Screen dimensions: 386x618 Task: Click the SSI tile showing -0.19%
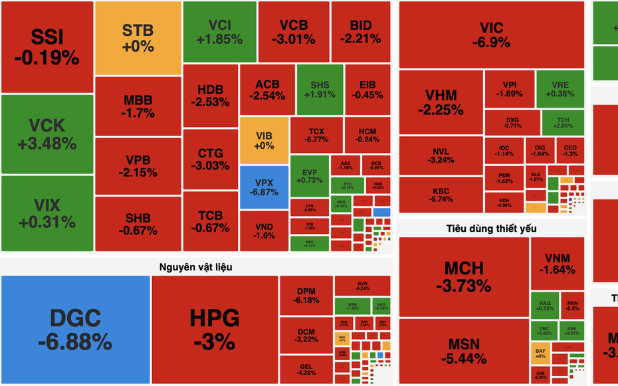click(47, 47)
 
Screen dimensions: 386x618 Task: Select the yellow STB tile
click(138, 38)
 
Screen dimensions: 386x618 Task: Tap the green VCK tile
click(47, 134)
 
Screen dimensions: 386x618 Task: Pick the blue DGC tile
click(75, 329)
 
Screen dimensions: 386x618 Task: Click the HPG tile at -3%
click(215, 329)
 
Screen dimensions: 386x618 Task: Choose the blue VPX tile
click(264, 187)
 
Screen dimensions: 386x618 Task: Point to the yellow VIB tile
click(264, 140)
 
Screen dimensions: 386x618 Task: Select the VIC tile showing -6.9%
click(491, 35)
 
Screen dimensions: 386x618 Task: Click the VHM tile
click(441, 102)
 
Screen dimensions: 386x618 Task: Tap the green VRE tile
click(560, 89)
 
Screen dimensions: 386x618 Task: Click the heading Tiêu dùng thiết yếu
click(491, 229)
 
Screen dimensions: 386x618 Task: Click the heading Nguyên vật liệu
click(195, 266)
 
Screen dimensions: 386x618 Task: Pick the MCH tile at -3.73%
click(463, 276)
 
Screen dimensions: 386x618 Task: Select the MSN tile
click(463, 351)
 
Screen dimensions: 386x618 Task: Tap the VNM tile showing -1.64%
click(557, 263)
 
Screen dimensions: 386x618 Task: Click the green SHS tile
click(320, 89)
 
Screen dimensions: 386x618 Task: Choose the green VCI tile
click(219, 32)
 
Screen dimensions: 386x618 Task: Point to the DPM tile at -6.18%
click(306, 296)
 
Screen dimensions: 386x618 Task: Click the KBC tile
click(441, 194)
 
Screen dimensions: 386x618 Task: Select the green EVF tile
click(309, 175)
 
